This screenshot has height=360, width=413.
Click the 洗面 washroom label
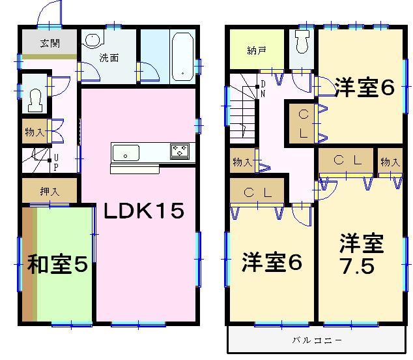(109, 58)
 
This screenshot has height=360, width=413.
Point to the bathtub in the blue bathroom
(182, 56)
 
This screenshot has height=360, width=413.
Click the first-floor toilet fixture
(35, 98)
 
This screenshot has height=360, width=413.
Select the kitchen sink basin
(126, 153)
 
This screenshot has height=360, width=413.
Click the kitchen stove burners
(180, 152)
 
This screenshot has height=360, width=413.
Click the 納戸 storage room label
(256, 50)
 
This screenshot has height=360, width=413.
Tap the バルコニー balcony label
(316, 340)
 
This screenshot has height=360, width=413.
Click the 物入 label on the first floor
(35, 132)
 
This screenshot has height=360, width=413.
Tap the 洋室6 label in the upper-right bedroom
(365, 88)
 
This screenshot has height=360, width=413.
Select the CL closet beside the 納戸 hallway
(303, 123)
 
